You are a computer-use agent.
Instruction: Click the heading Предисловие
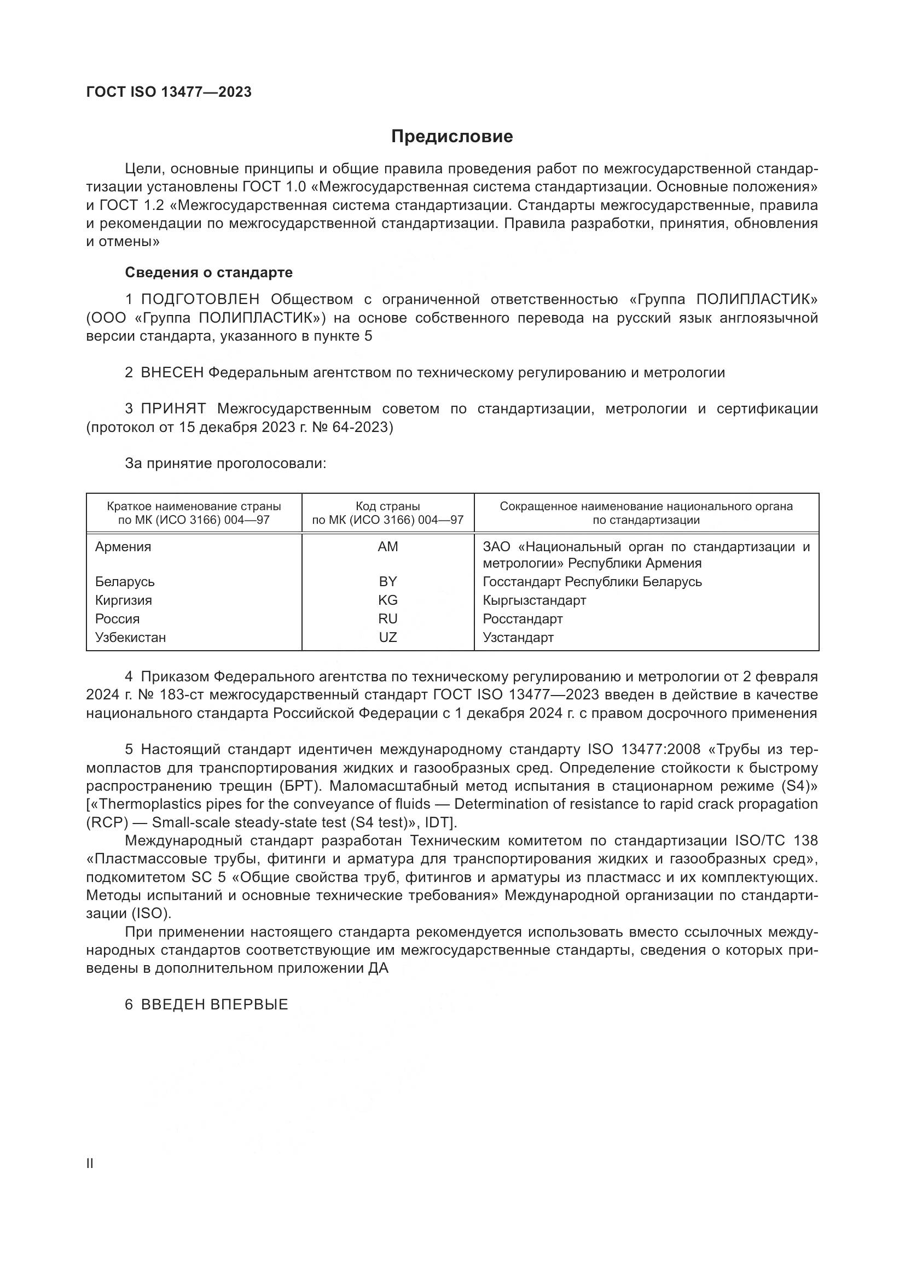(451, 137)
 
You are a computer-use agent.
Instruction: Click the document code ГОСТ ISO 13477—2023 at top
(169, 92)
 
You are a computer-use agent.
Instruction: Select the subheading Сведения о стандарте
(208, 272)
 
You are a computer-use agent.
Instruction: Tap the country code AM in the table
(388, 547)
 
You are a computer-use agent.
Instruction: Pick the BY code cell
(388, 582)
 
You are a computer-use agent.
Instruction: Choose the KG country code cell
(388, 600)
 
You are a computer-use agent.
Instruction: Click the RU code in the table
(388, 619)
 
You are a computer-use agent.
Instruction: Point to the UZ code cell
(388, 637)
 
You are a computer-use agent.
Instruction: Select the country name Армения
(123, 547)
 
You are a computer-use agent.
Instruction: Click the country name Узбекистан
(130, 637)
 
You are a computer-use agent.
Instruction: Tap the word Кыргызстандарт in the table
(535, 600)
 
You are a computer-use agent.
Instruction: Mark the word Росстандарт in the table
(523, 619)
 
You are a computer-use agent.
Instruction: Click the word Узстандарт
(518, 637)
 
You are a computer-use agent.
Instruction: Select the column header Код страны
(388, 506)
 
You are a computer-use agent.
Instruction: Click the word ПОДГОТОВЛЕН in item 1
(200, 300)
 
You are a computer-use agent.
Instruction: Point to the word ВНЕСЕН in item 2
(172, 373)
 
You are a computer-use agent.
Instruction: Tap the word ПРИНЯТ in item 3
(173, 409)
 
